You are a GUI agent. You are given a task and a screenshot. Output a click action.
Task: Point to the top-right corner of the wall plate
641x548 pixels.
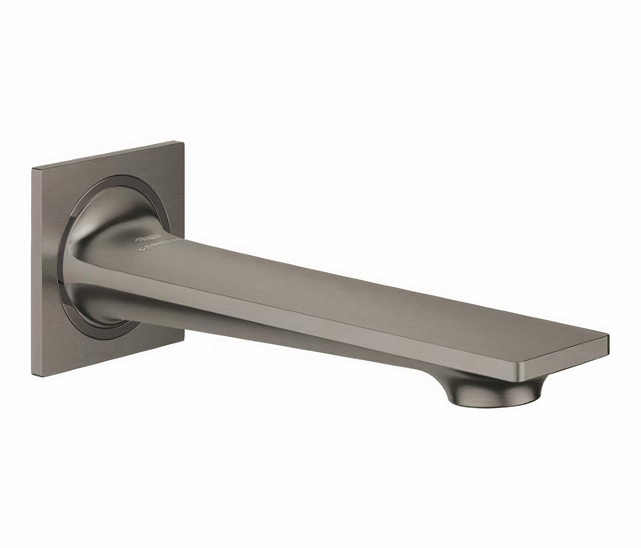184,142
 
